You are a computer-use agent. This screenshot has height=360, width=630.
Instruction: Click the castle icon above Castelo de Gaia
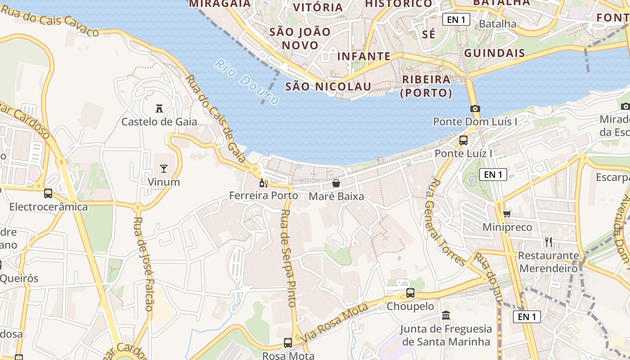(x=159, y=108)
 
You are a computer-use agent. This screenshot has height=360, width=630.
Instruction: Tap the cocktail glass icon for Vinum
(x=163, y=169)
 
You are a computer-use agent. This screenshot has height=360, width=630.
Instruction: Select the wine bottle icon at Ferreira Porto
(x=263, y=183)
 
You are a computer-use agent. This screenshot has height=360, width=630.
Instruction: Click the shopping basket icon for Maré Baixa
(x=336, y=183)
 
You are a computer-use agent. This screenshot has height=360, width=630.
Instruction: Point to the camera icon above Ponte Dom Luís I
(x=475, y=108)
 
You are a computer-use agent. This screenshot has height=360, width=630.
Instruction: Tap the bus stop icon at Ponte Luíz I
(x=463, y=140)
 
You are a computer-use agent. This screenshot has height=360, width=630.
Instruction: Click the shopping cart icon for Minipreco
(x=507, y=214)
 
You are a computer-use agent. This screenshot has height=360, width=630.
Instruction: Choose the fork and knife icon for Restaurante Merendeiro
(x=548, y=242)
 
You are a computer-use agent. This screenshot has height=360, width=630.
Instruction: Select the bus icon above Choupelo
(x=410, y=293)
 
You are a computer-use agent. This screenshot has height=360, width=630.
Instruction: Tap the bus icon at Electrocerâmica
(x=48, y=193)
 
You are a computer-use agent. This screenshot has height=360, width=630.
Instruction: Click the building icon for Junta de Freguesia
(x=446, y=315)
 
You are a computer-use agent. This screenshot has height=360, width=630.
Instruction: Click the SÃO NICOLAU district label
(x=328, y=86)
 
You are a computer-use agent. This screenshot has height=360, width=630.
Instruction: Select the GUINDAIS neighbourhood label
(x=495, y=53)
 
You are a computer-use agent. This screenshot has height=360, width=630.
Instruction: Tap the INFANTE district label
(x=364, y=56)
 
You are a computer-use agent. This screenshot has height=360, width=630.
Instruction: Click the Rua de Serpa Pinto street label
(x=288, y=258)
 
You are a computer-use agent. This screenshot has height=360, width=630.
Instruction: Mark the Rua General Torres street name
(x=445, y=221)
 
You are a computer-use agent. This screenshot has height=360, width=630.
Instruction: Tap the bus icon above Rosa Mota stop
(x=288, y=343)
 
